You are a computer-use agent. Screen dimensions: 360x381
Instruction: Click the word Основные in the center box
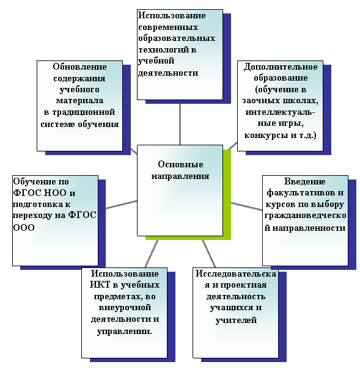pos(180,164)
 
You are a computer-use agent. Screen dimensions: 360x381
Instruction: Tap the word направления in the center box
pos(180,176)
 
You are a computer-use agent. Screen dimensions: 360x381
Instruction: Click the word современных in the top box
pos(168,27)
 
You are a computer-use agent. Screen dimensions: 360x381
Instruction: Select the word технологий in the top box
pos(164,50)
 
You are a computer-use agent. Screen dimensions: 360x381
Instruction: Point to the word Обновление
pos(80,67)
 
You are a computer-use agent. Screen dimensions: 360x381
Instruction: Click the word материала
pos(80,101)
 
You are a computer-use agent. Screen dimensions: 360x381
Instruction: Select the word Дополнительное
pos(281,67)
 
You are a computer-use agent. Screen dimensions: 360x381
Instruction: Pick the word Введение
pos(305,182)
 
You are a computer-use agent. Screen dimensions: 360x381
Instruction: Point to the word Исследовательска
pos(236,274)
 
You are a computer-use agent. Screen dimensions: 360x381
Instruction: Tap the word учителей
pos(236,320)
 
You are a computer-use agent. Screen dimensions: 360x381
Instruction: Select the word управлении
pos(124,332)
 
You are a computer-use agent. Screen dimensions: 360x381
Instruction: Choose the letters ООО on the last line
pos(24,228)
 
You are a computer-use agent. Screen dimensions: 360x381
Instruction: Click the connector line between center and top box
pos(180,125)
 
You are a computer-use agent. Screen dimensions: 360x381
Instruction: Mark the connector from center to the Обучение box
pos(122,205)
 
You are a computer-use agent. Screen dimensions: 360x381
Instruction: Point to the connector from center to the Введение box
pos(247,206)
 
